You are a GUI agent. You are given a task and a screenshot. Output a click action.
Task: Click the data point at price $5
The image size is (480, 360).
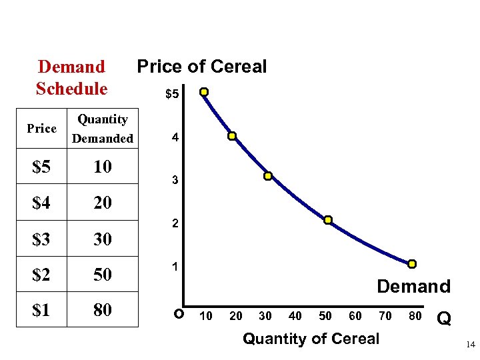point(204,92)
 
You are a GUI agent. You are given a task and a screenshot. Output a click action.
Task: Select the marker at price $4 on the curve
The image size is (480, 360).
point(232,136)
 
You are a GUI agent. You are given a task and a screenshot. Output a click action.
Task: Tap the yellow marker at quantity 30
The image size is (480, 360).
point(267,177)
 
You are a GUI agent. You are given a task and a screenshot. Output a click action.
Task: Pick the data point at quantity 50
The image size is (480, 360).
point(328,220)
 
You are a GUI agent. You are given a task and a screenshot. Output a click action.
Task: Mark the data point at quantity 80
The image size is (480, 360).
point(412,264)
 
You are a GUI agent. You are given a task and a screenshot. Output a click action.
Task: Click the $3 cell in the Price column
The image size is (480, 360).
point(42,239)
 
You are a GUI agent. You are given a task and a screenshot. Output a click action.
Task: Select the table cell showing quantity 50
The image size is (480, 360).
point(102,275)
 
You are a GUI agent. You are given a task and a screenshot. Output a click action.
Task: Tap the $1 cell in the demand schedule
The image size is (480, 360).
point(42,310)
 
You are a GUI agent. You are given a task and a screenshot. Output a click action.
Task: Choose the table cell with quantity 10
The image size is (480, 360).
point(102,167)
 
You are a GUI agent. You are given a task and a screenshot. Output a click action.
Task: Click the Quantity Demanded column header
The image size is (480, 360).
point(102,129)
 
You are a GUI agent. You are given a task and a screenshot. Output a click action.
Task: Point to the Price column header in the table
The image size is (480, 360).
point(41,129)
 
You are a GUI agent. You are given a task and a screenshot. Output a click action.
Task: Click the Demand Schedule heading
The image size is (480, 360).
point(71,77)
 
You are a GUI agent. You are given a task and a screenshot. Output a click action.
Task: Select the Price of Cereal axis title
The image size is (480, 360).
point(201,67)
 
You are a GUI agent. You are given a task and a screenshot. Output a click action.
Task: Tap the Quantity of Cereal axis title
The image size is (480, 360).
point(311,339)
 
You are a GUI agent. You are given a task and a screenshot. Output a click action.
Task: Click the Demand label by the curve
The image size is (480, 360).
point(413,287)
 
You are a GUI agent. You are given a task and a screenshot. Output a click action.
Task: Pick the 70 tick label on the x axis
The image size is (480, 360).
point(385,316)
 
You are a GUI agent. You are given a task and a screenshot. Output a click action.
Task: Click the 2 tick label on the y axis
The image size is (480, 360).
point(175,225)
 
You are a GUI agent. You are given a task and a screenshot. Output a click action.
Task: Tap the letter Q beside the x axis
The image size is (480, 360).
point(444,320)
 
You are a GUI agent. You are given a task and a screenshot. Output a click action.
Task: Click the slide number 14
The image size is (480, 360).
point(470,345)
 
